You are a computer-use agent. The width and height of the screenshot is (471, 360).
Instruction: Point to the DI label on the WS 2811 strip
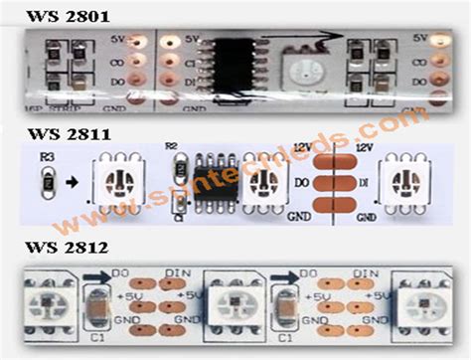pos(366,182)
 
